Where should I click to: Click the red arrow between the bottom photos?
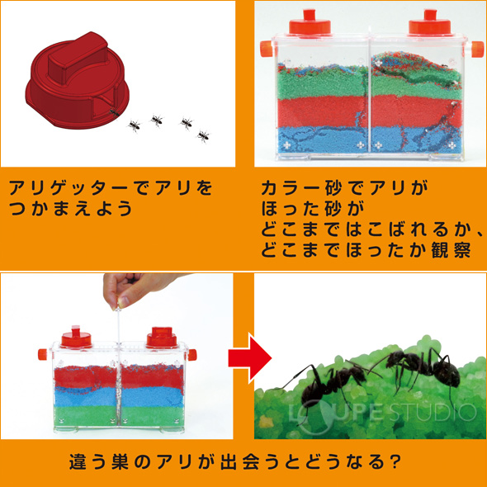pos(250,358)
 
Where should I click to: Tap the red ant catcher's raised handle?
pos(78,57)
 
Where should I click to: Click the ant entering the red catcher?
pos(114,113)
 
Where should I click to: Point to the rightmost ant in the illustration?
pos(203,136)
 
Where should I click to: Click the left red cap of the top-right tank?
pos(310,23)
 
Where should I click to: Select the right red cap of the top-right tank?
pos(429,23)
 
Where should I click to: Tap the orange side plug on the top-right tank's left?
pos(266,49)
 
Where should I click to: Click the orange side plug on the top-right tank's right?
pos(477,49)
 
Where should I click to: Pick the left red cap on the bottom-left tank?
pos(76,338)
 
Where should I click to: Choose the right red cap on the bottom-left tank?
pos(162,338)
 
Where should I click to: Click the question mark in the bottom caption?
pos(395,462)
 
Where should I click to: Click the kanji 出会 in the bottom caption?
pos(238,462)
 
